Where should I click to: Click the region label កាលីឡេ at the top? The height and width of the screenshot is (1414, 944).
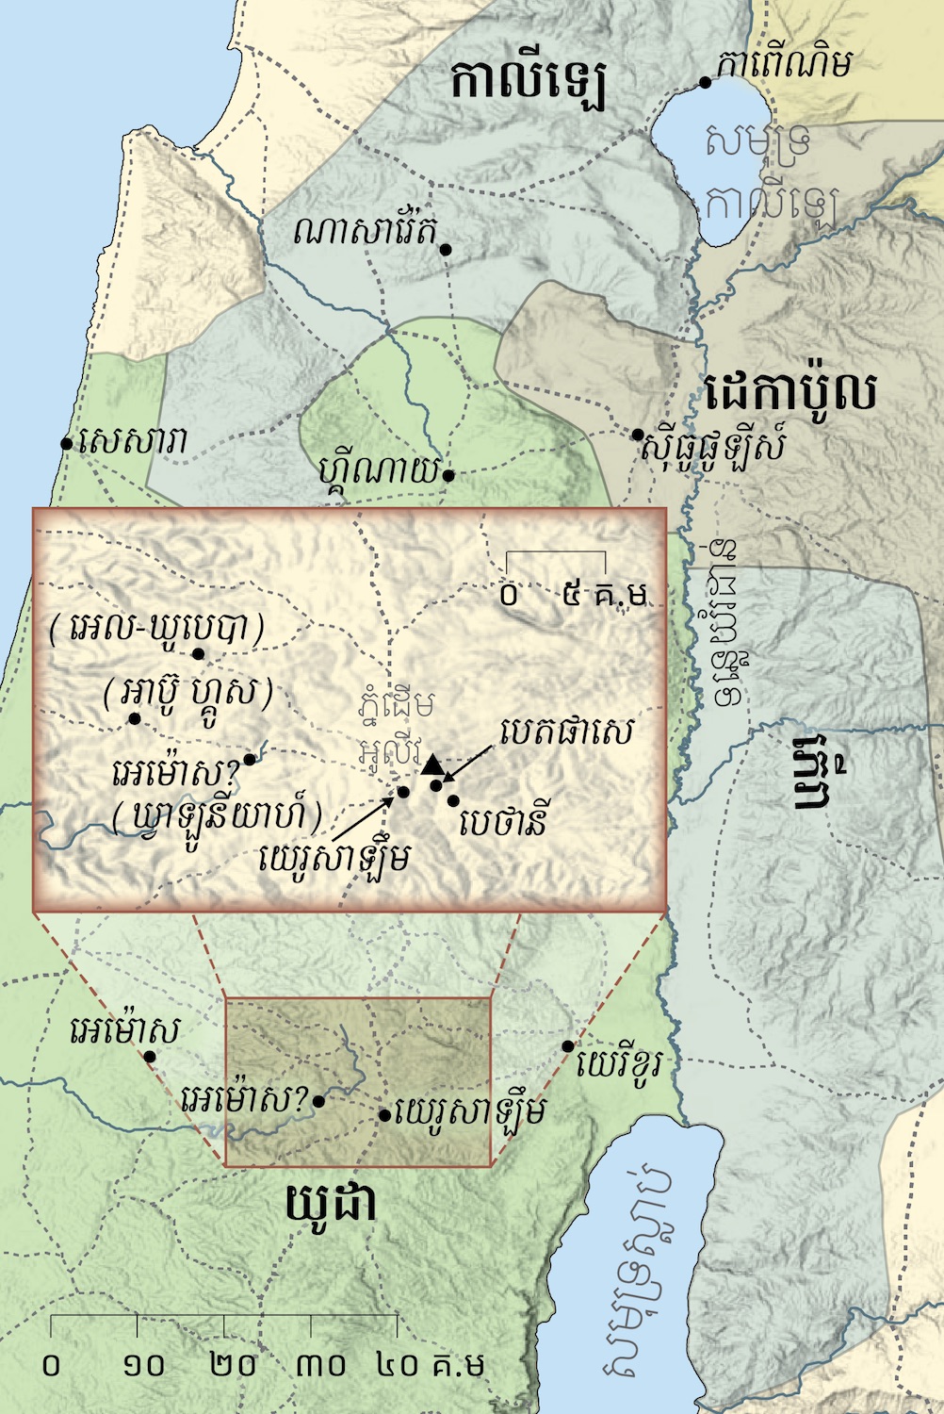(x=528, y=83)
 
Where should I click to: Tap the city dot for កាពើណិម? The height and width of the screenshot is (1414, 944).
(x=705, y=83)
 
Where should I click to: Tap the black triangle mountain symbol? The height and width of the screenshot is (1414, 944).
(x=432, y=764)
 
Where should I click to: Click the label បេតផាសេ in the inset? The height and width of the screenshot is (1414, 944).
(x=566, y=732)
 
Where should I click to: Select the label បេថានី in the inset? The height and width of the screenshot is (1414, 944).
(x=504, y=822)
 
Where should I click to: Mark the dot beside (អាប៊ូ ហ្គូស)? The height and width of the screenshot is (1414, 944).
(x=135, y=719)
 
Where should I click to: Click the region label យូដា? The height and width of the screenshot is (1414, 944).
(x=330, y=1205)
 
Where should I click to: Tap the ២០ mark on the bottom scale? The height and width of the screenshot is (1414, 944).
(x=224, y=1364)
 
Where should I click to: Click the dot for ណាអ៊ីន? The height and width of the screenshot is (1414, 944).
(x=449, y=476)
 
